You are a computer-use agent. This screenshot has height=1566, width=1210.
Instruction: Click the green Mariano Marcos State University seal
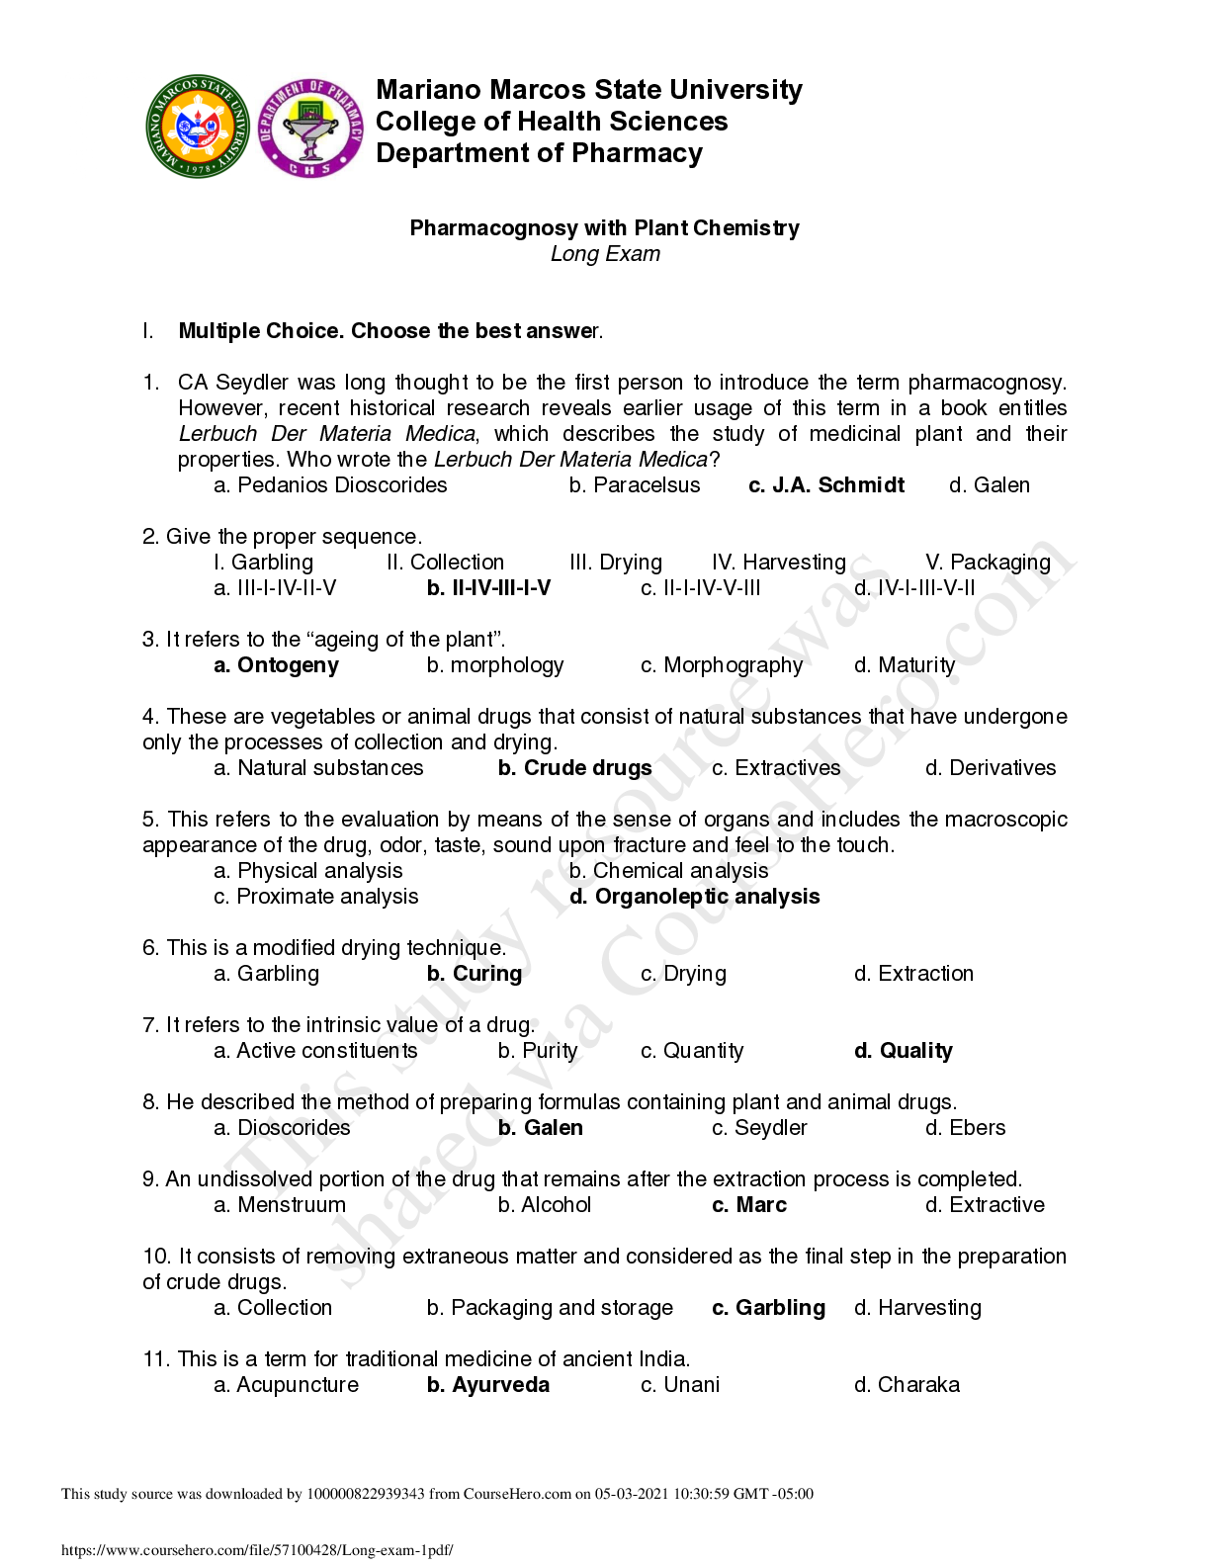[198, 127]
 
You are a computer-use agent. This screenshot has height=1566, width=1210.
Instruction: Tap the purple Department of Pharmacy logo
[309, 128]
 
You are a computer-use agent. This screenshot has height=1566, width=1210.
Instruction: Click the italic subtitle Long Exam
[605, 254]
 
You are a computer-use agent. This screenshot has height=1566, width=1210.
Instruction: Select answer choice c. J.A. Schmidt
[826, 485]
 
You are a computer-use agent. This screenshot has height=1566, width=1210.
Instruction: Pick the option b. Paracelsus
[635, 485]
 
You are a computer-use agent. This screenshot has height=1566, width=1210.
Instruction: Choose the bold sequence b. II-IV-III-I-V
[488, 588]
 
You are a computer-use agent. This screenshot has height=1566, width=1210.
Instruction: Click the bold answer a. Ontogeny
[276, 665]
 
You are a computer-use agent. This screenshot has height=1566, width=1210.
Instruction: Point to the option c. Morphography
[721, 665]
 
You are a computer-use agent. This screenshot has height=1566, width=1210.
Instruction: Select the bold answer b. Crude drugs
[574, 768]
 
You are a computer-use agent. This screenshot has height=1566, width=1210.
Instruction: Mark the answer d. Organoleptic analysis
[694, 897]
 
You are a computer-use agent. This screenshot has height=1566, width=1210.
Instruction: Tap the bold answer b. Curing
[475, 974]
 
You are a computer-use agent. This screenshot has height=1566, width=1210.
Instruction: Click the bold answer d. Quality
[904, 1051]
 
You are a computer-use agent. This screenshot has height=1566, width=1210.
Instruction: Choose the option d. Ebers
[965, 1128]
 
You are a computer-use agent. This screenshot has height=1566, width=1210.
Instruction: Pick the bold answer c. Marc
[749, 1205]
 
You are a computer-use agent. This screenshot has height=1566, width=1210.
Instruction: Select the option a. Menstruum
[280, 1205]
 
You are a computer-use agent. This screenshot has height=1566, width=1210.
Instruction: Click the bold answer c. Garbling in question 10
[768, 1308]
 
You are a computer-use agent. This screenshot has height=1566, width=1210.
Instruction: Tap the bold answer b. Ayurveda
[488, 1385]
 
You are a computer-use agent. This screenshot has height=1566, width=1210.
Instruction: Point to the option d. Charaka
[907, 1385]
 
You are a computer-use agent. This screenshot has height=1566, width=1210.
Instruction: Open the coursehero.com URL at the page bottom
[257, 1550]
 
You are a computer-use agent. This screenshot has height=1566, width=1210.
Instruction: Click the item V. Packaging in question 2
[988, 563]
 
